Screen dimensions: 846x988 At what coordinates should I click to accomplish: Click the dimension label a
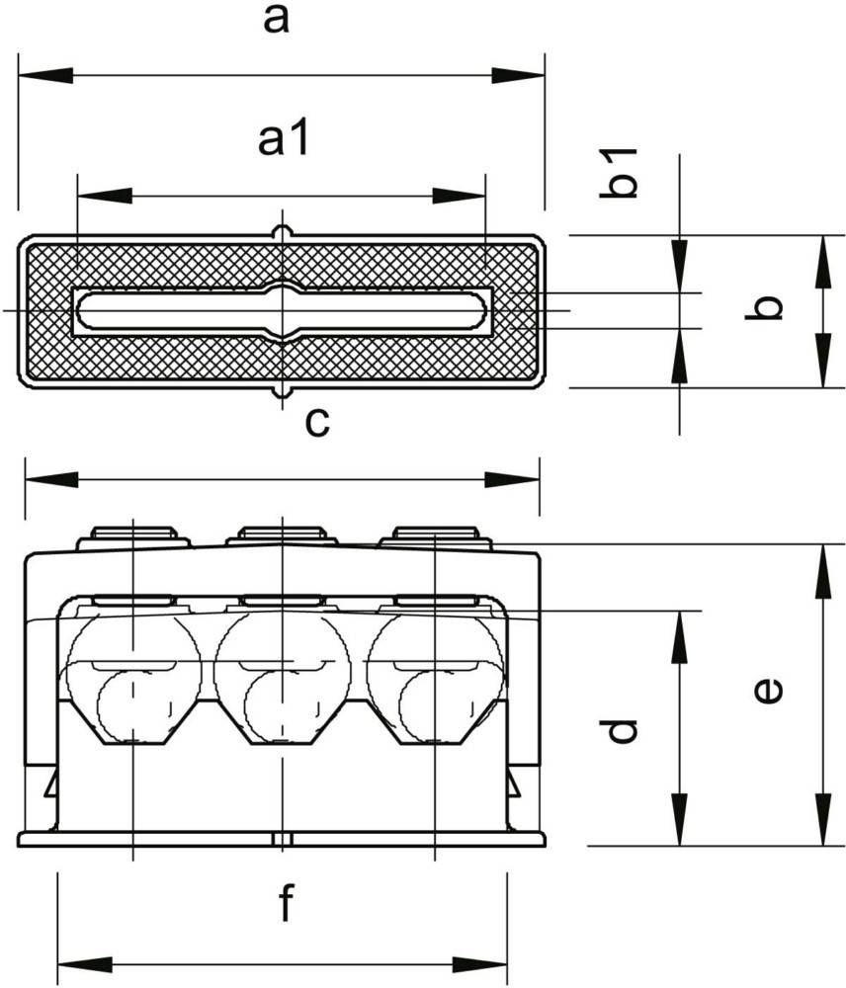click(276, 20)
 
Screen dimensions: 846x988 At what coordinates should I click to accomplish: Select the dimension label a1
click(284, 139)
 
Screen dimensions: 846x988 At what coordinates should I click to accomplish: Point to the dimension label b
click(764, 308)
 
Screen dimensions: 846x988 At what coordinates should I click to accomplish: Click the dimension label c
click(317, 423)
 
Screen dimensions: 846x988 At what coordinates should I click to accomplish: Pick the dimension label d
click(619, 731)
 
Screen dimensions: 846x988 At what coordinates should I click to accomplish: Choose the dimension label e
click(769, 691)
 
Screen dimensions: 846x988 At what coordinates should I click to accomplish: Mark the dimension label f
click(287, 902)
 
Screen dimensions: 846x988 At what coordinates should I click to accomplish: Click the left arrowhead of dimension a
click(46, 75)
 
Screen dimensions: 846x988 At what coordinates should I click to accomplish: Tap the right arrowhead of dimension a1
click(459, 196)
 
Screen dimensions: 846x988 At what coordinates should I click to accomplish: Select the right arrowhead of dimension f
click(479, 964)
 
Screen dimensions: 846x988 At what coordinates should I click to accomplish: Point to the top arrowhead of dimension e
click(822, 571)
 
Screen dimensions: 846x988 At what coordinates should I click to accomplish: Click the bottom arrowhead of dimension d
click(679, 819)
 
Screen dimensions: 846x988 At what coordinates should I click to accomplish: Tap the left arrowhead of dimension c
click(51, 479)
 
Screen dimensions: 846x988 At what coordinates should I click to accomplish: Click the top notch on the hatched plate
click(283, 232)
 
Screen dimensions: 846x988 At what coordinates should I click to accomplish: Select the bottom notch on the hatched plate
click(283, 392)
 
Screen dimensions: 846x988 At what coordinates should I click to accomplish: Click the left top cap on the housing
click(133, 536)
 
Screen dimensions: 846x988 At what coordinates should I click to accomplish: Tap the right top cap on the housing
click(436, 536)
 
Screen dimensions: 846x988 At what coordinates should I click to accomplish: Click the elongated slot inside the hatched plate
click(282, 310)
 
